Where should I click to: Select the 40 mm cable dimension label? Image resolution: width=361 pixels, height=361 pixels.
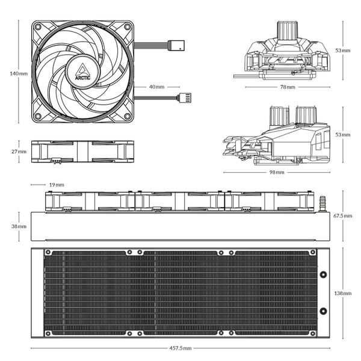coord(156,87)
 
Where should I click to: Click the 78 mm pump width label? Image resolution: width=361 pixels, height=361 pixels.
coord(288,87)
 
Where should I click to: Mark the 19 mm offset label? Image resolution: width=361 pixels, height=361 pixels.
coord(57,185)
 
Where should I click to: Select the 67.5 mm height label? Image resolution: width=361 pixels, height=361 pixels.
coord(344,215)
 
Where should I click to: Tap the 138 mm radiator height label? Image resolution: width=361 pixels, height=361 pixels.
coord(343,293)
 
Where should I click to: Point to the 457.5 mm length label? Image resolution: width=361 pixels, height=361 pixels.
coord(180,348)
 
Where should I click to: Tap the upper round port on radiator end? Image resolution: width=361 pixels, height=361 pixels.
coord(323,275)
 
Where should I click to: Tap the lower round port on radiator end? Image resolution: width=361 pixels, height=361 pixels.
coord(323,311)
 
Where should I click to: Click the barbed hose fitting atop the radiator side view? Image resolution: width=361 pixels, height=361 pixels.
coord(322,202)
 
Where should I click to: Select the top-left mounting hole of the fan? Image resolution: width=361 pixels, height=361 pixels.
coord(37,27)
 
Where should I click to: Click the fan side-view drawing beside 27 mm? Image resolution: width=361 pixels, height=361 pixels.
coord(82,152)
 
